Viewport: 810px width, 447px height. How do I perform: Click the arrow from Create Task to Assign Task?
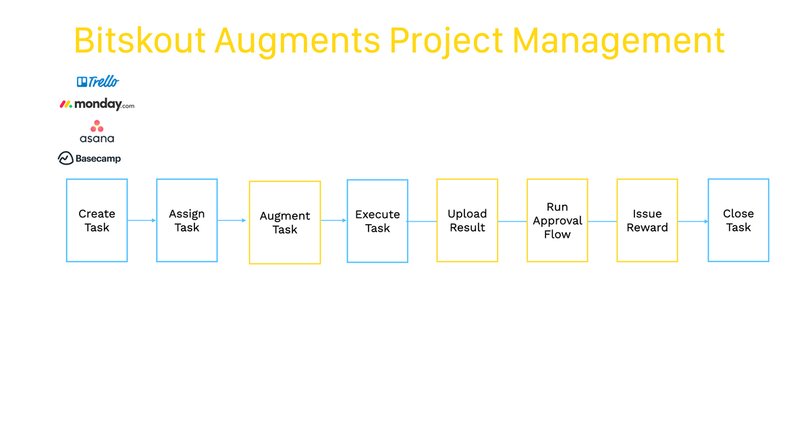(x=142, y=220)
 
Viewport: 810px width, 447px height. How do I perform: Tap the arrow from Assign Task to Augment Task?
(x=232, y=220)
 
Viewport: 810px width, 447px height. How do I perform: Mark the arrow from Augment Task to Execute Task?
(x=333, y=220)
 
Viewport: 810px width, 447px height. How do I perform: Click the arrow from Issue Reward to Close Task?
(x=693, y=221)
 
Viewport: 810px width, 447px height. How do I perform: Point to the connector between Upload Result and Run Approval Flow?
(x=512, y=221)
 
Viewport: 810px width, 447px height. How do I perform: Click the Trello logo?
(x=98, y=82)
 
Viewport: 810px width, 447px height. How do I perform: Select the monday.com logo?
(x=97, y=104)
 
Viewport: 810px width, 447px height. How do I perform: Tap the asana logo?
(x=97, y=131)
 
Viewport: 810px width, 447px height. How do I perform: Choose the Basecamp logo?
(x=89, y=158)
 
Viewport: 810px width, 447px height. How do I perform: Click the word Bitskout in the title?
(x=140, y=40)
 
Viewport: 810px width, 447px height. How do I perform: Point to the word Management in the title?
(x=619, y=41)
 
